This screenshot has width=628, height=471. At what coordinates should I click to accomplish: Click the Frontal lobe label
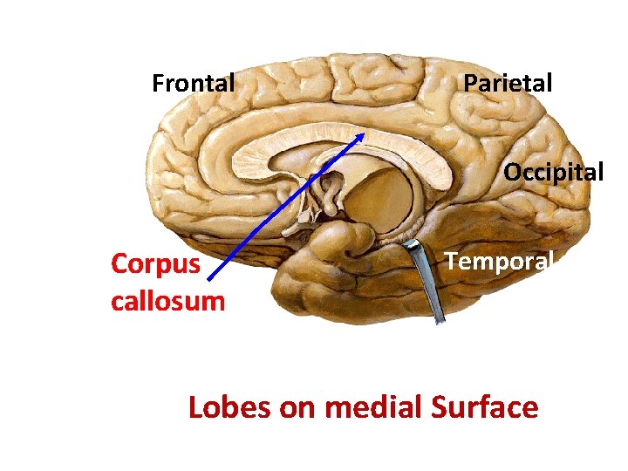(193, 84)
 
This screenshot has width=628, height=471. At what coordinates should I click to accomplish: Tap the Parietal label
(508, 84)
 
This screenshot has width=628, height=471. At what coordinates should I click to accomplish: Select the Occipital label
(553, 172)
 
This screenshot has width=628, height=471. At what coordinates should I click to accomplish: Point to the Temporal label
(499, 261)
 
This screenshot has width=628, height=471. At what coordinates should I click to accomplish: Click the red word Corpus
(155, 264)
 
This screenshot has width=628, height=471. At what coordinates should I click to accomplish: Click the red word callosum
(167, 302)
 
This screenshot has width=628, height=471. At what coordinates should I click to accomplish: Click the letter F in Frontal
(158, 84)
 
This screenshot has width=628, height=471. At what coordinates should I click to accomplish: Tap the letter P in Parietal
(469, 84)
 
